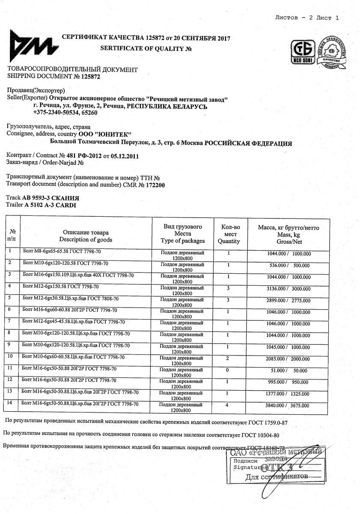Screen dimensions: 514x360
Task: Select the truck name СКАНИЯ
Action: pos(64,198)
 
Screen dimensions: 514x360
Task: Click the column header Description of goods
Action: pos(86,239)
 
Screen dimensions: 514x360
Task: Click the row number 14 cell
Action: pos(10,403)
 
